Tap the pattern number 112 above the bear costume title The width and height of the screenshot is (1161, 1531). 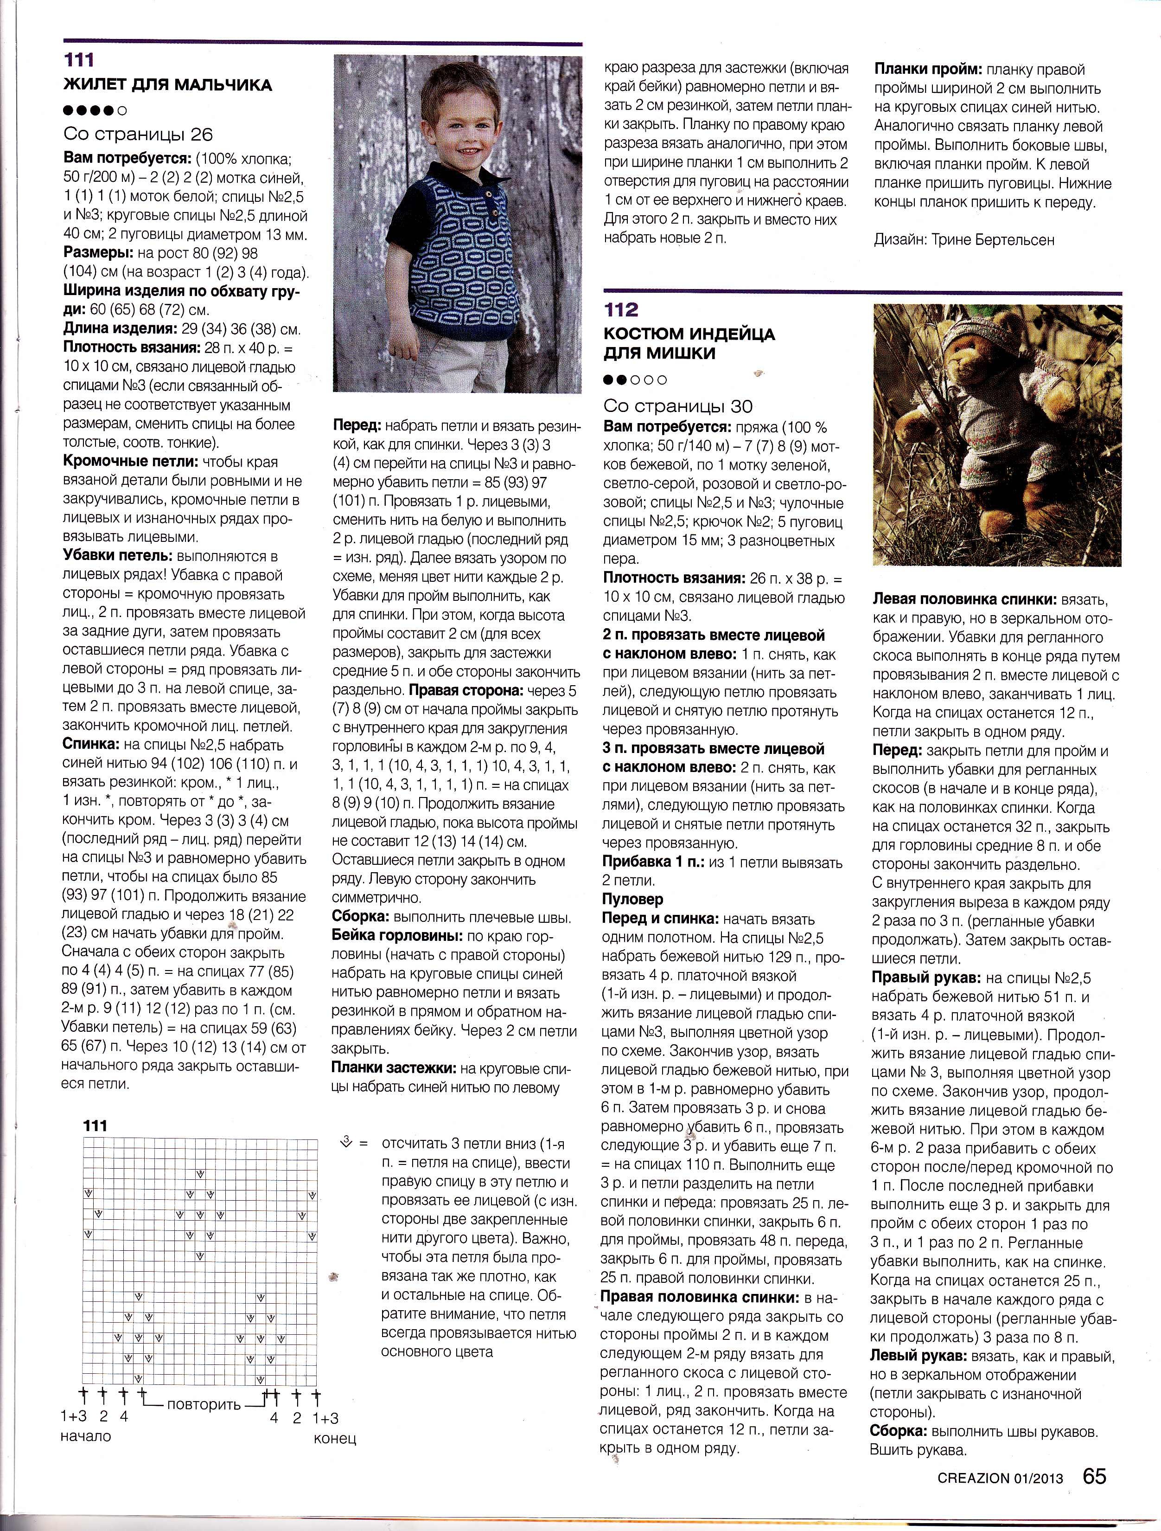[621, 309]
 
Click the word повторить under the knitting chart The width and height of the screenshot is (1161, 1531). [204, 1404]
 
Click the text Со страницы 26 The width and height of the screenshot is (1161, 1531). [138, 134]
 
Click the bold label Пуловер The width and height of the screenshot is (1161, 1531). [632, 899]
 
